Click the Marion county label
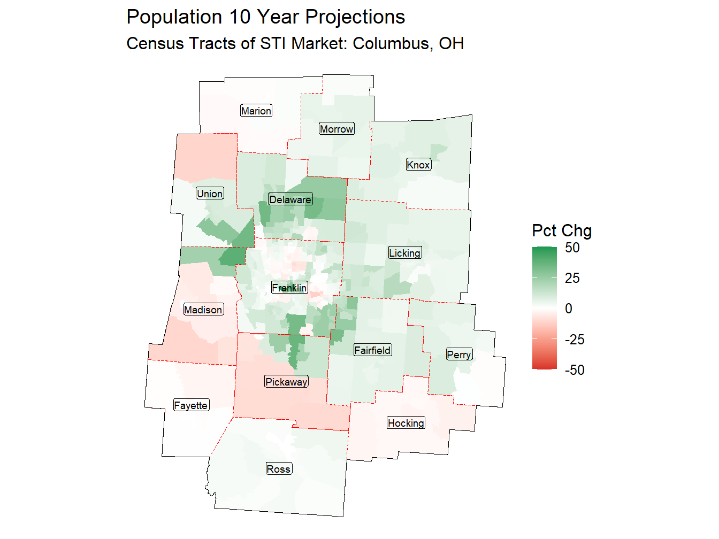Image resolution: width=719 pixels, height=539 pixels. pyautogui.click(x=256, y=111)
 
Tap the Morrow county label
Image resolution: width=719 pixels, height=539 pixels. pyautogui.click(x=336, y=129)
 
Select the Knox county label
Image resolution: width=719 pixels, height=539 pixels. pyautogui.click(x=418, y=165)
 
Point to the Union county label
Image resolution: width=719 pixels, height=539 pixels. pyautogui.click(x=210, y=194)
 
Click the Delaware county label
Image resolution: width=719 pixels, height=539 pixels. pyautogui.click(x=290, y=199)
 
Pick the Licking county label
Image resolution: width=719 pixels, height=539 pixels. pyautogui.click(x=404, y=253)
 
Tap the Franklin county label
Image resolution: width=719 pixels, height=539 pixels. pyautogui.click(x=289, y=288)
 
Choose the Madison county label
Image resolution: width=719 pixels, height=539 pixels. pyautogui.click(x=203, y=310)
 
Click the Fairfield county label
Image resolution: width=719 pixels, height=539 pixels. pyautogui.click(x=372, y=350)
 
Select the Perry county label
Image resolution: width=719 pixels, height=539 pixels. pyautogui.click(x=459, y=355)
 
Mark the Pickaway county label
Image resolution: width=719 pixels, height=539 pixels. pyautogui.click(x=286, y=382)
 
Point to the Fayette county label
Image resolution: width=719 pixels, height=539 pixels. pyautogui.click(x=190, y=405)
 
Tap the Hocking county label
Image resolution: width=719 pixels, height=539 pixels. pyautogui.click(x=406, y=423)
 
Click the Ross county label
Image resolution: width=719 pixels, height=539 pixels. pyautogui.click(x=278, y=469)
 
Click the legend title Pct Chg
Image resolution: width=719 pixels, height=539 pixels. pyautogui.click(x=561, y=230)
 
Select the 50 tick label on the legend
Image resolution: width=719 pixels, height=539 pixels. pyautogui.click(x=572, y=248)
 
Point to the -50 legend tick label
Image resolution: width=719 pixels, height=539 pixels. pyautogui.click(x=574, y=370)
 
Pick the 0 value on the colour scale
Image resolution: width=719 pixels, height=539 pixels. pyautogui.click(x=568, y=309)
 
